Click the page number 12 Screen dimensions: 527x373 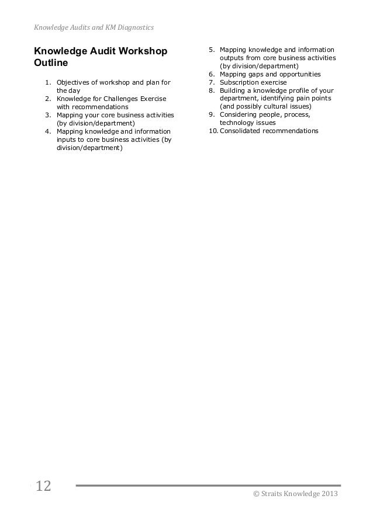43,486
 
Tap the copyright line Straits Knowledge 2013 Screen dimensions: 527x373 294,495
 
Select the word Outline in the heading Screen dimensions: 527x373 51,62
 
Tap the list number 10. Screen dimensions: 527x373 212,131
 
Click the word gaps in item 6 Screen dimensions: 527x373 253,74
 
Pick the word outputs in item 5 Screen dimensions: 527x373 232,58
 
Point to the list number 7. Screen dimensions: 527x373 212,82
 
